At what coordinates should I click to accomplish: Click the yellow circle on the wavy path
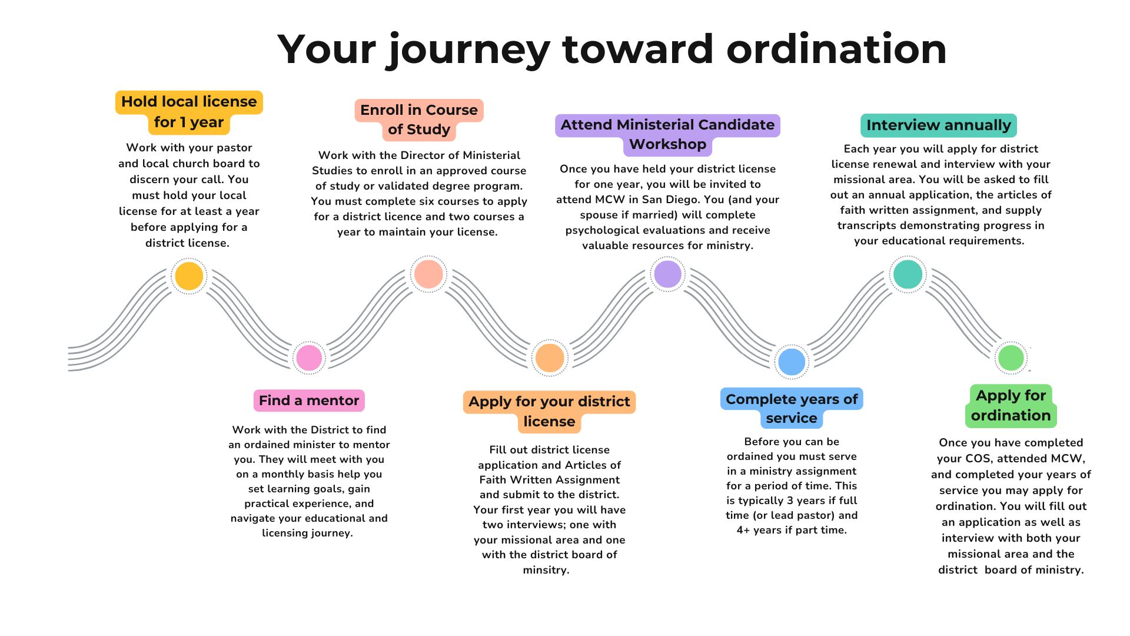click(x=189, y=276)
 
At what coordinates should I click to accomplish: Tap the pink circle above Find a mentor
click(x=309, y=357)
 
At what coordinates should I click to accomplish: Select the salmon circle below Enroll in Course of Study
click(x=428, y=274)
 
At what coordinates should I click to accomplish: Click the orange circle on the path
click(x=550, y=357)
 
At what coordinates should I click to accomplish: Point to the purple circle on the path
click(x=667, y=274)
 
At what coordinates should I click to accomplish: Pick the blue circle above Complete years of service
click(x=792, y=362)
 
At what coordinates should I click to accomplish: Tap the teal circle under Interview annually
click(x=908, y=274)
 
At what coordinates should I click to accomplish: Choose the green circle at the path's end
click(x=1011, y=357)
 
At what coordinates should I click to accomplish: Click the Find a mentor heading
click(x=309, y=400)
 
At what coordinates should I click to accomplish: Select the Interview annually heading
click(x=939, y=125)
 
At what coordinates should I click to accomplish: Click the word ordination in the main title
click(x=836, y=49)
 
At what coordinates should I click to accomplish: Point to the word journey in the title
click(x=468, y=51)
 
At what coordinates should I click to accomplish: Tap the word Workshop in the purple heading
click(x=667, y=144)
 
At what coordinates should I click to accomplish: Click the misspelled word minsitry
click(x=546, y=570)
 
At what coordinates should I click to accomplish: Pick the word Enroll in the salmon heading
click(x=381, y=110)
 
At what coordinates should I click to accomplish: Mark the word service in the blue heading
click(x=792, y=418)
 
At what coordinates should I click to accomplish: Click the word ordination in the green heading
click(x=1011, y=416)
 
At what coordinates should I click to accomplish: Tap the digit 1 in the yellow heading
click(x=183, y=122)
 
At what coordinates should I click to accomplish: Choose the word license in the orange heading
click(x=549, y=422)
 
